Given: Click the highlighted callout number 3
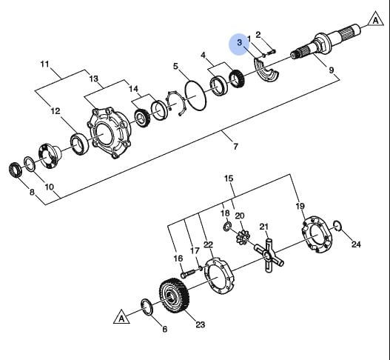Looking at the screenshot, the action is pos(239,42).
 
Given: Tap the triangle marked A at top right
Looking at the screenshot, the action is pos(376,19).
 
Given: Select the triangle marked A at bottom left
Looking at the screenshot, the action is pos(121,318).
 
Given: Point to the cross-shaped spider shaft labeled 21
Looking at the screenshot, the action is pos(269,256).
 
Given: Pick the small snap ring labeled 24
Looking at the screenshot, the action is pos(337,226).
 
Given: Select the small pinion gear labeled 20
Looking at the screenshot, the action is pos(241,237).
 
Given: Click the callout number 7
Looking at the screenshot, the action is pos(236,147).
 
